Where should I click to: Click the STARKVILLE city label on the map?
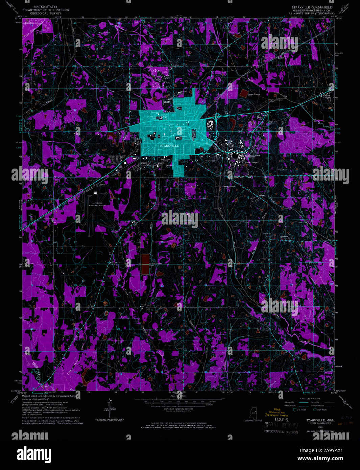pos(170,145)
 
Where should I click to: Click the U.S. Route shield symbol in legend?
pos(295,409)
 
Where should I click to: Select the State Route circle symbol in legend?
pos(315,409)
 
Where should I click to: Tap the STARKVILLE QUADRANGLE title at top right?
pos(312,7)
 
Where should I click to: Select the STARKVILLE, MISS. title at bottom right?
pos(320,420)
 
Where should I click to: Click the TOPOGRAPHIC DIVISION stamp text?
pos(281,432)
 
